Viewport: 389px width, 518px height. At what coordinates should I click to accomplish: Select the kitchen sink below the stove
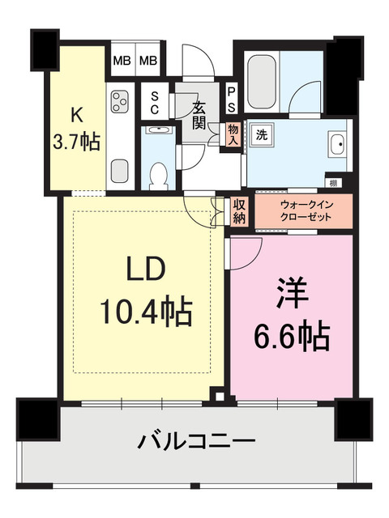coord(120,171)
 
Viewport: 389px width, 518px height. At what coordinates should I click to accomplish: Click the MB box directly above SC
coord(148,61)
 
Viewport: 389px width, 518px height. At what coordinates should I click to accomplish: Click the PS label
coord(232,100)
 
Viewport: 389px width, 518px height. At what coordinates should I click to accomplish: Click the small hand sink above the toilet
coord(157,129)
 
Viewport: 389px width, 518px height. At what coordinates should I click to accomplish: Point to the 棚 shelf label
coord(333,183)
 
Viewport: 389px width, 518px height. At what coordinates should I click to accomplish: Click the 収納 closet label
coord(239,211)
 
